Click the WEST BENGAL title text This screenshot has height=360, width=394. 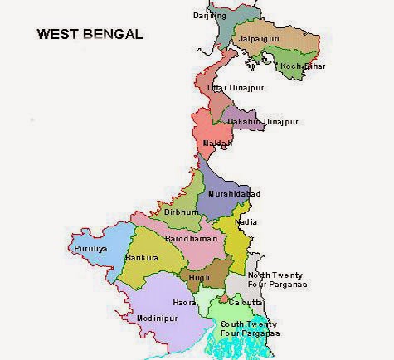(x=90, y=36)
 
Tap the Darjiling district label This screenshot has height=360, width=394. (x=210, y=15)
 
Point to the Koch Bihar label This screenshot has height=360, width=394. (x=301, y=66)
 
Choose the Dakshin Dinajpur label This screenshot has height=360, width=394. (x=262, y=122)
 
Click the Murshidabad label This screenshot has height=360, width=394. (x=234, y=194)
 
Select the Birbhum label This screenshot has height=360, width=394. (x=182, y=212)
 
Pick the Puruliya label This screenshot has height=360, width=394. (x=91, y=247)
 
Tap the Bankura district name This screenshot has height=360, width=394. (x=141, y=258)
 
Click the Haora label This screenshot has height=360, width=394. (x=184, y=303)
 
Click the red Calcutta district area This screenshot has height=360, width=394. (x=224, y=297)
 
